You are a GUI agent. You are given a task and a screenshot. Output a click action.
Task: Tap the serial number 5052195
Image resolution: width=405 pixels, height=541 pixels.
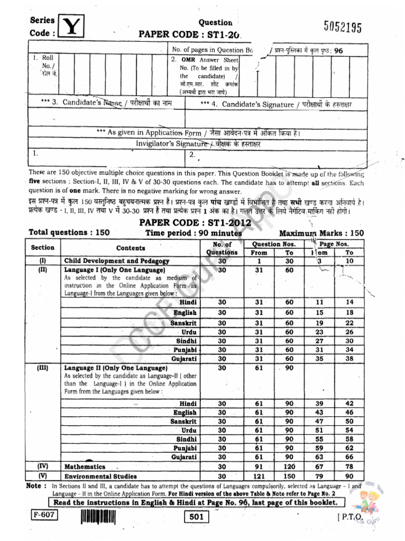[343, 28]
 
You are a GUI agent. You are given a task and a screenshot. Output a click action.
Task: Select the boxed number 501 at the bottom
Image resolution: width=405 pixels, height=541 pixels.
[196, 518]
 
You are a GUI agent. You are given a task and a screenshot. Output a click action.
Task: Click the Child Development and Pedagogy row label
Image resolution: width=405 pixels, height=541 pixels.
[117, 261]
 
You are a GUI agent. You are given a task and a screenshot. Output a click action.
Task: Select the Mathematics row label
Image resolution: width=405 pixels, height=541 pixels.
[84, 467]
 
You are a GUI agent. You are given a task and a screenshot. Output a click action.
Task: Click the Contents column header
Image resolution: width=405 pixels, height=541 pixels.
[130, 248]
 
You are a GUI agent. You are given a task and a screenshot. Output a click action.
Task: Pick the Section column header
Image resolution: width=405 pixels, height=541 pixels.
[43, 247]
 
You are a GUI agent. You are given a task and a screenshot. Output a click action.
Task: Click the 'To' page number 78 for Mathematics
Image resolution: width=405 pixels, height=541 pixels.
[349, 467]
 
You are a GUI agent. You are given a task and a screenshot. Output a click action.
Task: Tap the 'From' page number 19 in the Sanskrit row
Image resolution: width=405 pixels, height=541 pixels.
[319, 323]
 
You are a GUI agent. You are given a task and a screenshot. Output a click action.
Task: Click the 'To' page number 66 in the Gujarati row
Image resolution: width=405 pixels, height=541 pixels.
[349, 456]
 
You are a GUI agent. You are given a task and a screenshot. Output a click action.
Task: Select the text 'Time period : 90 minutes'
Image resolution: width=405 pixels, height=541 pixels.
[194, 233]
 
